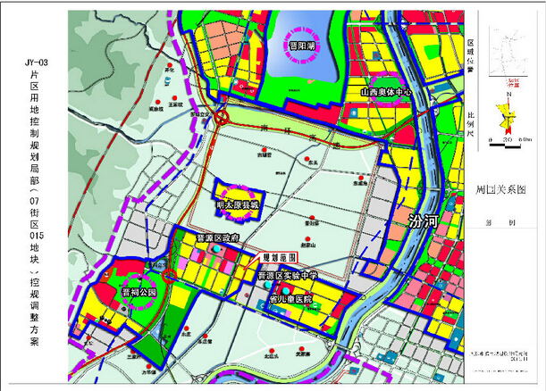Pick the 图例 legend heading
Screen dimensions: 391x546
click(x=489, y=225)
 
